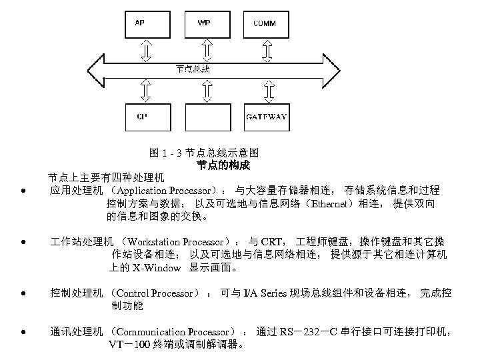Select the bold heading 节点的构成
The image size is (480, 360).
tap(223, 165)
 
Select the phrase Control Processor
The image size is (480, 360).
tap(155, 293)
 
